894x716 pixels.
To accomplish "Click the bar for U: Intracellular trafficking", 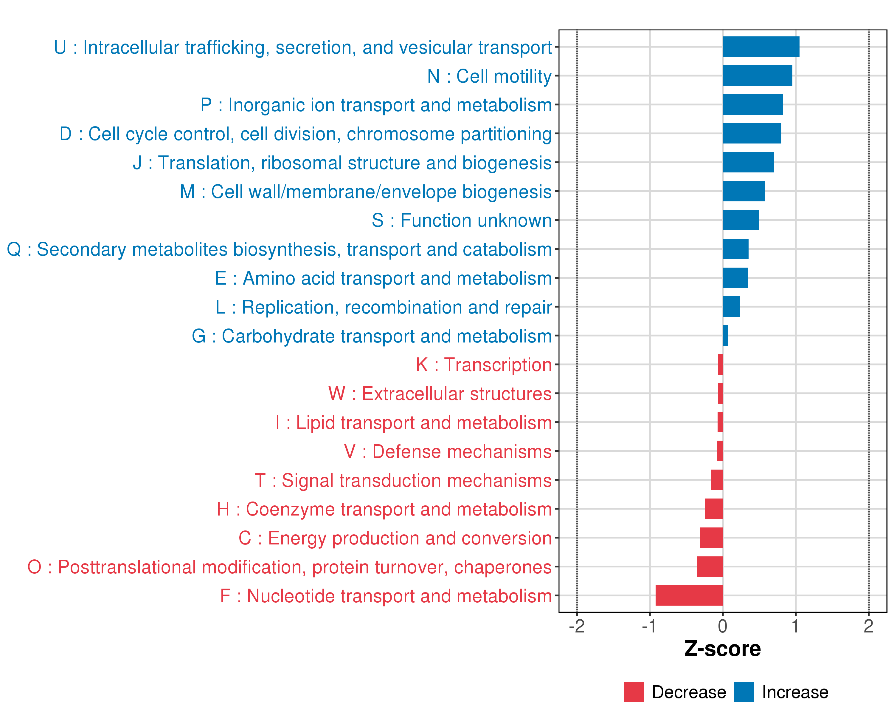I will coord(760,47).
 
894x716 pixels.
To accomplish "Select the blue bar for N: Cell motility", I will coord(757,75).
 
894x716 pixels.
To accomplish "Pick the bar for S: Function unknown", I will coord(741,220).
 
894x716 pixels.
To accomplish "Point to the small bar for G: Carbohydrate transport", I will coord(725,335).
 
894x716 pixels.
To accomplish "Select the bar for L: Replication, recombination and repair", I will coord(731,307).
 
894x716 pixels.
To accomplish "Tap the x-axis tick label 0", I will coord(722,626).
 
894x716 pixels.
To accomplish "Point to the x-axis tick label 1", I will coord(795,626).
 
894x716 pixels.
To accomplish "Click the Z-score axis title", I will coord(722,649).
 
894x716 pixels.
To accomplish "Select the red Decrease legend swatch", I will coord(634,692).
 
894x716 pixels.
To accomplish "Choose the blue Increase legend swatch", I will coord(744,692).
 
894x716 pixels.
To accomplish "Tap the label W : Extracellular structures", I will coord(440,394).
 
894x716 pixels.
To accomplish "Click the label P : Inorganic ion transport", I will coord(376,105).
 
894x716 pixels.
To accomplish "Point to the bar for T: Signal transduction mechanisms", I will coord(716,480).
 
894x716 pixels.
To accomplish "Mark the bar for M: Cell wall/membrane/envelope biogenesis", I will coord(743,191).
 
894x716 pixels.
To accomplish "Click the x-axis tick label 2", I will coord(868,626).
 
